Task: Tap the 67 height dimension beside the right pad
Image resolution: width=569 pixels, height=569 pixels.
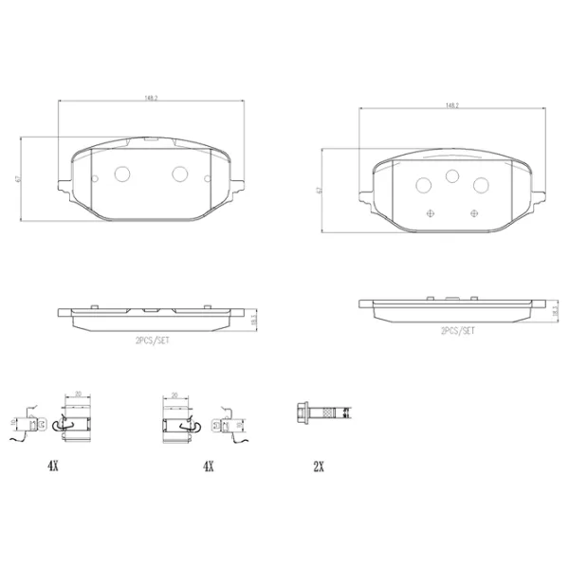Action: (319, 190)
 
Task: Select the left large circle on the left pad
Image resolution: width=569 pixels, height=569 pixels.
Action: (121, 174)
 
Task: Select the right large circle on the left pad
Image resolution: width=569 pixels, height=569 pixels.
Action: (180, 174)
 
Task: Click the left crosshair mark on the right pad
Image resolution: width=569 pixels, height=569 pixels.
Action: (431, 211)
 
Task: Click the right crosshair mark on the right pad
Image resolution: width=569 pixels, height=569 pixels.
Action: (472, 211)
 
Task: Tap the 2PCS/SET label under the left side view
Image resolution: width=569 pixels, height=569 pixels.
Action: (152, 338)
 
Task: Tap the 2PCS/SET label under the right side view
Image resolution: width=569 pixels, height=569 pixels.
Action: (458, 331)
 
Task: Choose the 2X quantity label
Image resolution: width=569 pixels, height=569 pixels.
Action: (319, 466)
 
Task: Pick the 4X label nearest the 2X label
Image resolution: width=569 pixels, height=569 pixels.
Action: (209, 466)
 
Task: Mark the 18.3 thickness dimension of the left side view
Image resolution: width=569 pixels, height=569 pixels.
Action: (253, 321)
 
